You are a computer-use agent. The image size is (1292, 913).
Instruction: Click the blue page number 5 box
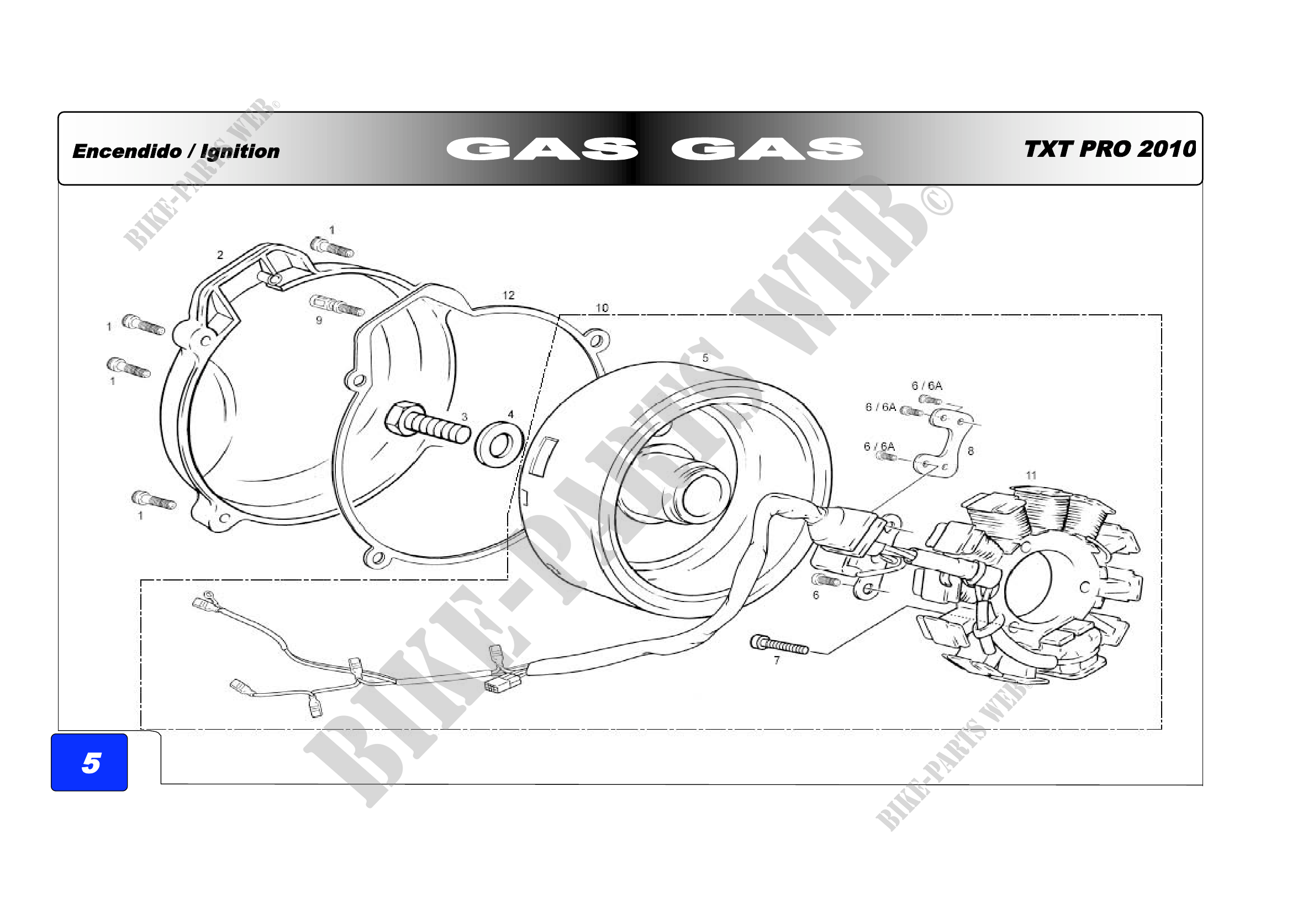[89, 762]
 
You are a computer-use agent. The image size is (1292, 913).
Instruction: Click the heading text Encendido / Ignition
[176, 151]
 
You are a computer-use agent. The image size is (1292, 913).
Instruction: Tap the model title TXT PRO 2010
[1110, 149]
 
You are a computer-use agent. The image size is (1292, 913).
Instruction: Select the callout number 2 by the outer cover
[220, 255]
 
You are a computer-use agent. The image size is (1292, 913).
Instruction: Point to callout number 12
[508, 295]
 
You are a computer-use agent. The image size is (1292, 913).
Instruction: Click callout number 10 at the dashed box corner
[602, 308]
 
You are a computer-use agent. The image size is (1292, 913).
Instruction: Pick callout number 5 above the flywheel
[705, 358]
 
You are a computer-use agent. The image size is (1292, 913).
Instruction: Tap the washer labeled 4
[499, 445]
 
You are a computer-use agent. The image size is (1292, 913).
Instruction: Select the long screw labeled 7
[779, 645]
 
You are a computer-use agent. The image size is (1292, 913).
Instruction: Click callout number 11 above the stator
[1031, 476]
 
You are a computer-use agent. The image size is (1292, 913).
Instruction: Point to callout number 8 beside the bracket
[971, 451]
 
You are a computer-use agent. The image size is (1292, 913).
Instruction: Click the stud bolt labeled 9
[336, 305]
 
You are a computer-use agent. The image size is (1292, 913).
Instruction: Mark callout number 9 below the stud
[319, 320]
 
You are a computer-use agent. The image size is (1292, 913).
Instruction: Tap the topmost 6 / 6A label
[927, 386]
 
